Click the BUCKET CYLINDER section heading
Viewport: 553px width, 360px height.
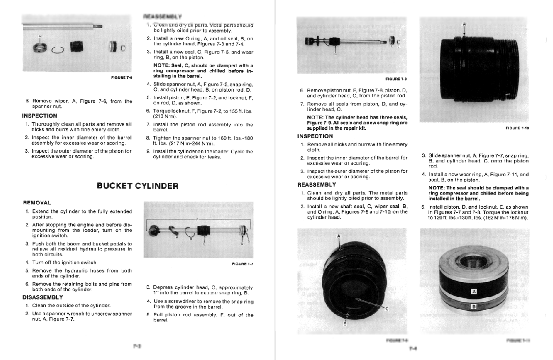[137, 186]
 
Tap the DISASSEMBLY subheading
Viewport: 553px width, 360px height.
[43, 297]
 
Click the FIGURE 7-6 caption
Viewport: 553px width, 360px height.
[121, 77]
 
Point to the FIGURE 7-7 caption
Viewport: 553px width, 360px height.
[242, 264]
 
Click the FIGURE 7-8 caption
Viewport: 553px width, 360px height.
[395, 79]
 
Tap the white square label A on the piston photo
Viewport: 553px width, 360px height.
[474, 291]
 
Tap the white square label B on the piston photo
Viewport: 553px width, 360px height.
[474, 307]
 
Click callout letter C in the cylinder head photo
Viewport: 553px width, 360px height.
[386, 309]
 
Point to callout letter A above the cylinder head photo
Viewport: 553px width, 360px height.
[339, 236]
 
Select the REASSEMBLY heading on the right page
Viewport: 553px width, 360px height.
[316, 184]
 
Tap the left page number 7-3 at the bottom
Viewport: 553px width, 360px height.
[137, 346]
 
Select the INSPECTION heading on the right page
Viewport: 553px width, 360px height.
[315, 136]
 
